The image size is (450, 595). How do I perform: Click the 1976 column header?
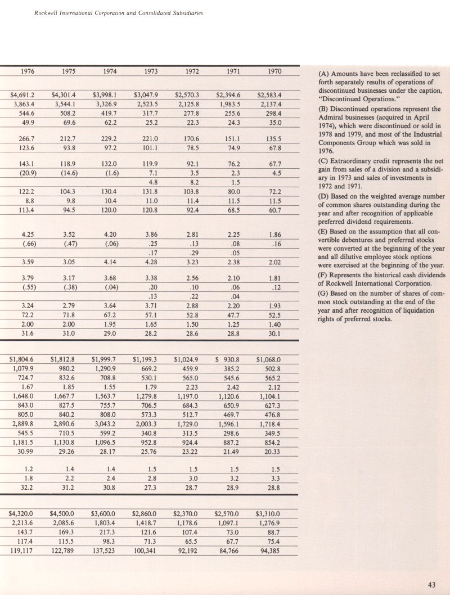[x=27, y=72]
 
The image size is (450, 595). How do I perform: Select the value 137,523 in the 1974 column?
[x=105, y=551]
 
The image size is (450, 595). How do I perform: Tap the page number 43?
[x=432, y=585]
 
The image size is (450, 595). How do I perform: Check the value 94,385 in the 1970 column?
[x=269, y=551]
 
